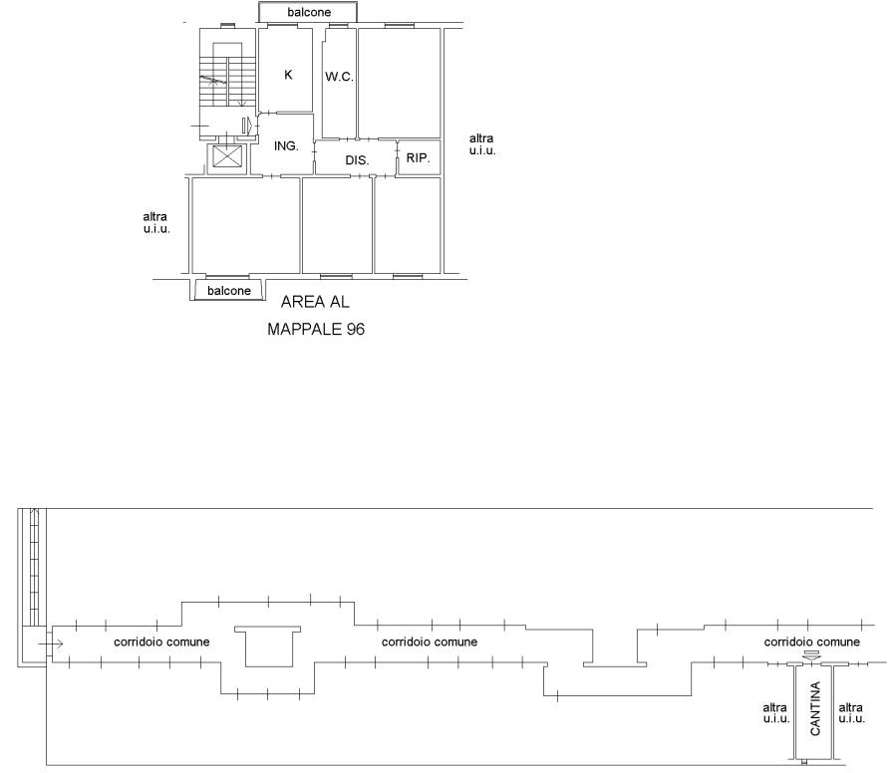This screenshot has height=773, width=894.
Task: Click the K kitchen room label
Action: (x=288, y=75)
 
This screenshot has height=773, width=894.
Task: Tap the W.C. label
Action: (x=339, y=77)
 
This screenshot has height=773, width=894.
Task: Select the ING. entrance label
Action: (x=286, y=146)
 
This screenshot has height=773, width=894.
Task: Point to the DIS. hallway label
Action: (x=357, y=160)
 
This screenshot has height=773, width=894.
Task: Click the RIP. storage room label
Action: (x=418, y=158)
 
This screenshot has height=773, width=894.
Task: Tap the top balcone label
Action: (x=309, y=12)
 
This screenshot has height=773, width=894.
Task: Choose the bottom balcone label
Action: (x=229, y=291)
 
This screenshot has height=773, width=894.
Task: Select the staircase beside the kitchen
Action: (x=227, y=82)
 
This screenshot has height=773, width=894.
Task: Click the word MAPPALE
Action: (x=304, y=329)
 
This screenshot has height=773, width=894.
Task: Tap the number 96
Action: (x=355, y=329)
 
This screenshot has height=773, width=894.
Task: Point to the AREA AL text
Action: (x=315, y=302)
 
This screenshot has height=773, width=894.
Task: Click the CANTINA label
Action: (x=815, y=708)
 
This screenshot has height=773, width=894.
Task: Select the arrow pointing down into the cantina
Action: (x=811, y=656)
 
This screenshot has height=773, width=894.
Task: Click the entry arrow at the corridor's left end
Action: (x=51, y=644)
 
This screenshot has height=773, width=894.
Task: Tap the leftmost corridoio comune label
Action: (x=161, y=642)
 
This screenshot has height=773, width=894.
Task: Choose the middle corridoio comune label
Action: (x=430, y=642)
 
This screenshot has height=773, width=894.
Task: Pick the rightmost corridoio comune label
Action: (x=812, y=642)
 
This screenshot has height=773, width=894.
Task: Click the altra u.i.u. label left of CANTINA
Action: (x=776, y=713)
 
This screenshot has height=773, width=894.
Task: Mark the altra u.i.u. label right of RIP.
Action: (x=482, y=144)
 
